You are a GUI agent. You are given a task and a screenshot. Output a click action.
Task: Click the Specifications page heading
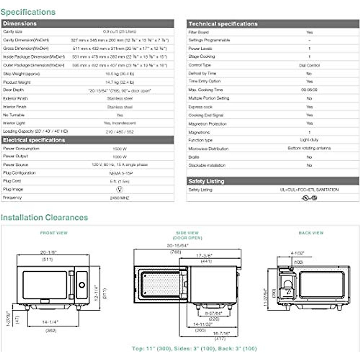click(x=28, y=12)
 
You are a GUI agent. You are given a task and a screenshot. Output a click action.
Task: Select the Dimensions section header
click(x=20, y=23)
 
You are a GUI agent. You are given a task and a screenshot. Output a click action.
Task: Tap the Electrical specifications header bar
click(x=34, y=140)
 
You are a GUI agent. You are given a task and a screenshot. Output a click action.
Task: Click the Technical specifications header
click(x=223, y=24)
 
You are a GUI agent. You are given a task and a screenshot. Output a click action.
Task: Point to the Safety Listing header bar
click(x=206, y=181)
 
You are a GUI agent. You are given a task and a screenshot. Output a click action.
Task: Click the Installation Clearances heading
click(x=44, y=217)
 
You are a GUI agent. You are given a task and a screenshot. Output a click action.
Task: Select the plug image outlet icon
click(x=119, y=189)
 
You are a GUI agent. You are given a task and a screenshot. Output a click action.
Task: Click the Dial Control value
click(x=309, y=65)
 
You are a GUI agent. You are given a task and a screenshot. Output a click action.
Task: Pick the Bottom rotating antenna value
click(x=309, y=148)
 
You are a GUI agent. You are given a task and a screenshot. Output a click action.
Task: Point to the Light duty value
click(x=309, y=140)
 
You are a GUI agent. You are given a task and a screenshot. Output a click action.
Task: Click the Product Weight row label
click(x=17, y=82)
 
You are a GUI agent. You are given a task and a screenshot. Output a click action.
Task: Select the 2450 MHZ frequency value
click(x=119, y=198)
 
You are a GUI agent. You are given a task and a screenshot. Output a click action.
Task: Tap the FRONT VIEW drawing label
click(x=54, y=233)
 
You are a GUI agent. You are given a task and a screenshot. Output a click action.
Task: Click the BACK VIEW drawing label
click(x=311, y=233)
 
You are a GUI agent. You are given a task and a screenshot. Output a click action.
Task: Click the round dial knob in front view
click(x=82, y=285)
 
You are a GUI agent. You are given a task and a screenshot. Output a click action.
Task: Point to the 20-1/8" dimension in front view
click(x=48, y=252)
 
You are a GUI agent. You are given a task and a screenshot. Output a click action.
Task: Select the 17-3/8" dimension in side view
click(x=204, y=256)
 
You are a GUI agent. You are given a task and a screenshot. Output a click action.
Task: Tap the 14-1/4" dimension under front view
click(x=50, y=322)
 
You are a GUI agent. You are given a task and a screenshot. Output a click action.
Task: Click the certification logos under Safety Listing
click(x=309, y=198)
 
